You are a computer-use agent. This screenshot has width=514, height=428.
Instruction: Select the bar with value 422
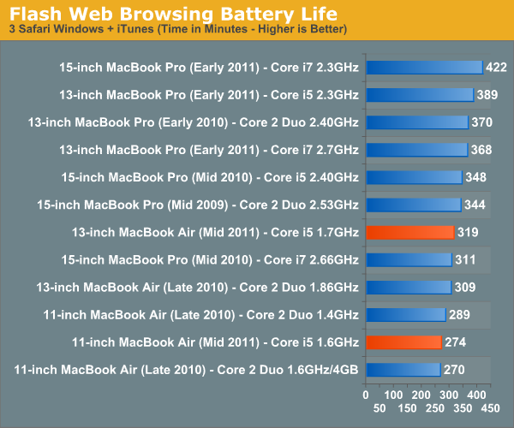click(x=423, y=68)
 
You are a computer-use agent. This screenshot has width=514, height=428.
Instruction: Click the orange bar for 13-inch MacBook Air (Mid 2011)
click(x=409, y=232)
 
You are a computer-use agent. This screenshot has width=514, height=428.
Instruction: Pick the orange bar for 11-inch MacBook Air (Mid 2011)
click(x=403, y=342)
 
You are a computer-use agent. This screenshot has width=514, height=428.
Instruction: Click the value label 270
click(x=455, y=369)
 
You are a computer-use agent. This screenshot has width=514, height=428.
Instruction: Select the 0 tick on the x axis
click(x=366, y=395)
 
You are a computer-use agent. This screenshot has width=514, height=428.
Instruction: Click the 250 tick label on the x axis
click(x=436, y=408)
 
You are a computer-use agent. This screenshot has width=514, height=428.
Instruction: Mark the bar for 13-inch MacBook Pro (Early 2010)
click(x=416, y=122)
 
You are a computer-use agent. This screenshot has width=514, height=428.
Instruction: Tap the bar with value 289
click(x=405, y=314)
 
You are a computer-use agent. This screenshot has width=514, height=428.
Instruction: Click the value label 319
click(x=468, y=232)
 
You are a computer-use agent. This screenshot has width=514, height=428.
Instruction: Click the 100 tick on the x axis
click(x=393, y=395)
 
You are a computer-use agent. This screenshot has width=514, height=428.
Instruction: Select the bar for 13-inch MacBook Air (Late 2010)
click(x=408, y=287)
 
